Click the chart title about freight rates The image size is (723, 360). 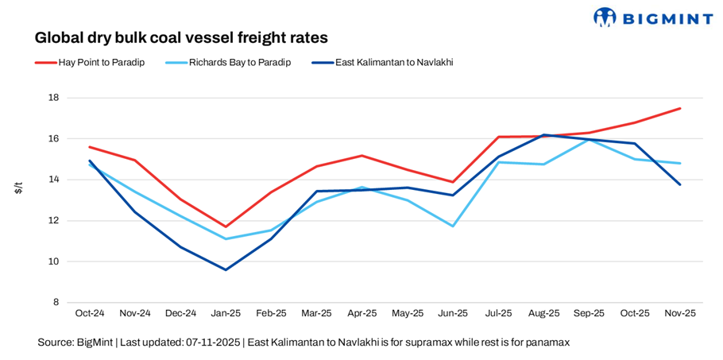pyautogui.click(x=181, y=37)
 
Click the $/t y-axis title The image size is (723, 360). pyautogui.click(x=18, y=188)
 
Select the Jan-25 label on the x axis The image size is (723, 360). pyautogui.click(x=226, y=314)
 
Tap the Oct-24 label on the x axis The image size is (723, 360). pyautogui.click(x=90, y=314)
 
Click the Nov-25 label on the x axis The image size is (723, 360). pyautogui.click(x=680, y=314)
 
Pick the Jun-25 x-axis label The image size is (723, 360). pyautogui.click(x=453, y=314)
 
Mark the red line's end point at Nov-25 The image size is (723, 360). pyautogui.click(x=680, y=108)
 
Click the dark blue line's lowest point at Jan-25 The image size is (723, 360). pyautogui.click(x=226, y=269)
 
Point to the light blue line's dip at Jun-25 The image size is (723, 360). pyautogui.click(x=453, y=226)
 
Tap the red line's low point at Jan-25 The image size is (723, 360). pyautogui.click(x=226, y=226)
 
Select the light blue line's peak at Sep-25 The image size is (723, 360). pyautogui.click(x=589, y=140)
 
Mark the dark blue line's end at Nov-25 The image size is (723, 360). pyautogui.click(x=680, y=184)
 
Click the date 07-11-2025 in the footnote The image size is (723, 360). pyautogui.click(x=213, y=343)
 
